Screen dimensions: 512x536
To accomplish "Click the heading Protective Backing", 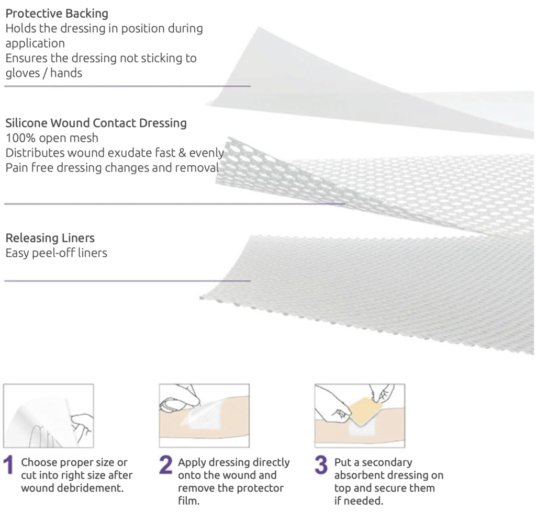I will tap(56, 13).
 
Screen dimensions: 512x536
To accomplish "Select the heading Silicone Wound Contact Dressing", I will tap(96, 123).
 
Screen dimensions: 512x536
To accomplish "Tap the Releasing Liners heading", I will tap(50, 238).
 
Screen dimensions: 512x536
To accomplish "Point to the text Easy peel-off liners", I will tap(56, 253).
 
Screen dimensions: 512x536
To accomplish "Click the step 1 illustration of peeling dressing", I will tap(49, 415).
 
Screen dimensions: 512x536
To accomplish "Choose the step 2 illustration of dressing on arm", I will tap(204, 415).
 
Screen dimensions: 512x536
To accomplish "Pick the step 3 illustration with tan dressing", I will tap(360, 415).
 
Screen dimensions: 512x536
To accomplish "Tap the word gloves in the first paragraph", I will tap(19, 73).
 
